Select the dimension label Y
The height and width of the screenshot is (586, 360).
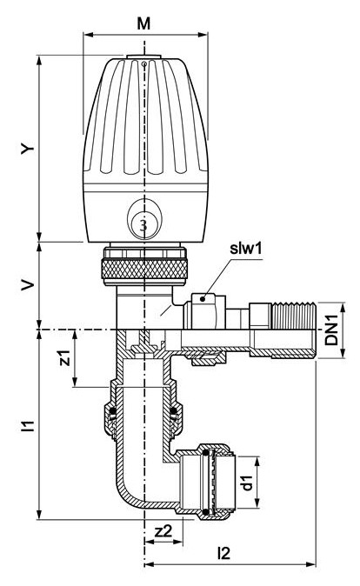29,149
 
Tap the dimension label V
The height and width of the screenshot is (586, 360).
29,286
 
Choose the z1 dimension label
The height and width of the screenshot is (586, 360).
62,358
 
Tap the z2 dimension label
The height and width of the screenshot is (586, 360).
161,531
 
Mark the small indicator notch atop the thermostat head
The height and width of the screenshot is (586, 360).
144,63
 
